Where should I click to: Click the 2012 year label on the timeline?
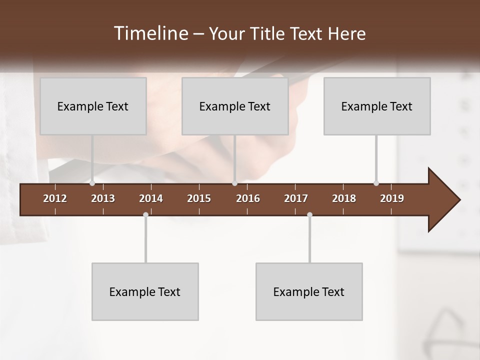coord(55,198)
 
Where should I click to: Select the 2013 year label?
coord(103,198)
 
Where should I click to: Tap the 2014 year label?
coord(151,198)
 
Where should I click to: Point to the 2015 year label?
coord(199,198)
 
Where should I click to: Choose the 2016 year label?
coord(248,198)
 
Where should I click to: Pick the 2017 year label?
coord(296,198)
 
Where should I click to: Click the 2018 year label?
coord(344,198)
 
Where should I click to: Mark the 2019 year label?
coord(392,198)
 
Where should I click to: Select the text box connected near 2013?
coord(93,106)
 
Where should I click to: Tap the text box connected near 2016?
coord(235,106)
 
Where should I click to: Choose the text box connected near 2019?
coord(377,106)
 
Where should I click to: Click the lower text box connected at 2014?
coord(145,291)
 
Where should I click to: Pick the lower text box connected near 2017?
coord(309,291)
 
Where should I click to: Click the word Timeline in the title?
coord(150,33)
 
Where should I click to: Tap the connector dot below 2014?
coord(145,215)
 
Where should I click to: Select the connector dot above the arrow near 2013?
coord(92,183)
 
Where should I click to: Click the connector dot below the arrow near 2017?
coord(309,215)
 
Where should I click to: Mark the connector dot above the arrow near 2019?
coord(376,183)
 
